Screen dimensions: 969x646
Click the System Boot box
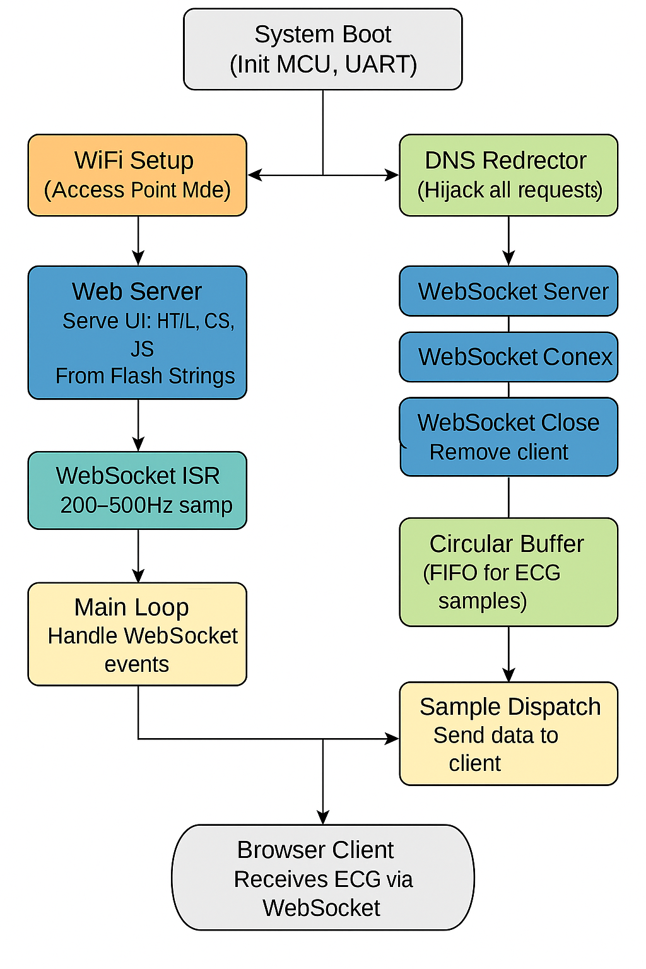point(322,49)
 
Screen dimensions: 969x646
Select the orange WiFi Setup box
point(137,175)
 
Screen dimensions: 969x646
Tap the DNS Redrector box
point(508,175)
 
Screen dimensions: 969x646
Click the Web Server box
point(137,332)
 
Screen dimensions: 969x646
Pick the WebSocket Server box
point(508,291)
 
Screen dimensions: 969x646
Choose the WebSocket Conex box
point(508,357)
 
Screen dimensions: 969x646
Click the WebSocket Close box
point(508,437)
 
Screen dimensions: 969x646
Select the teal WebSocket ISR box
point(137,490)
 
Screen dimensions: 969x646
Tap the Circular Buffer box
point(508,572)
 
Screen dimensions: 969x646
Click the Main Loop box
point(137,634)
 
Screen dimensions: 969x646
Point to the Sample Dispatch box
point(508,734)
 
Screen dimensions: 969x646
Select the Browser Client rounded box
point(322,878)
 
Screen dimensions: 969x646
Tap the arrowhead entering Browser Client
point(323,818)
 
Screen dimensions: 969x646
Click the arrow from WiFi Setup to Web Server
point(138,240)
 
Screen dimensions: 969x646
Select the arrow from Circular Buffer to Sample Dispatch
point(508,654)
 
